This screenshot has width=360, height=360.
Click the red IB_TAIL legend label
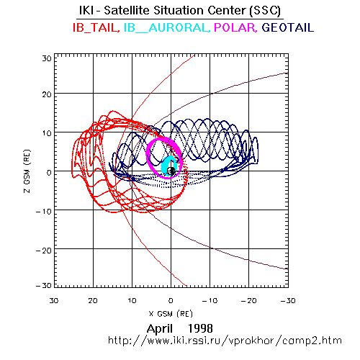pos(96,27)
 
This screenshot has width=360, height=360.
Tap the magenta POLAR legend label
pos(235,27)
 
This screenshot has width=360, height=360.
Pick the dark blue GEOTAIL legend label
pos(288,27)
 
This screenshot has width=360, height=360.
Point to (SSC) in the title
pos(265,11)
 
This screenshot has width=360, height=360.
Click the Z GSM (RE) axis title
pos(27,171)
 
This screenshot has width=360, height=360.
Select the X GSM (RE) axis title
pos(171,314)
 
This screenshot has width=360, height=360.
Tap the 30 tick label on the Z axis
pos(47,58)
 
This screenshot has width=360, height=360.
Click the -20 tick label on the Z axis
pos(44,251)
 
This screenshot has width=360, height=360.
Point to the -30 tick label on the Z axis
pos(44,286)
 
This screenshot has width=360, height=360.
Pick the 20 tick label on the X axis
pos(93,300)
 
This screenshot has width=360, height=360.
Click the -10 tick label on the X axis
pos(210,300)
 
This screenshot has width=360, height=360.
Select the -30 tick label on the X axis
pos(288,300)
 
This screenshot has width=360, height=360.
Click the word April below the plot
pos(160,329)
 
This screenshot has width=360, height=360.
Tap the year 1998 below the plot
pos(200,328)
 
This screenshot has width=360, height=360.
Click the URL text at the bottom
pos(225,341)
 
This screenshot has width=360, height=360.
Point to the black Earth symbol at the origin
pos(171,171)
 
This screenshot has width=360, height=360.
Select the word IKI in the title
pos(86,10)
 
